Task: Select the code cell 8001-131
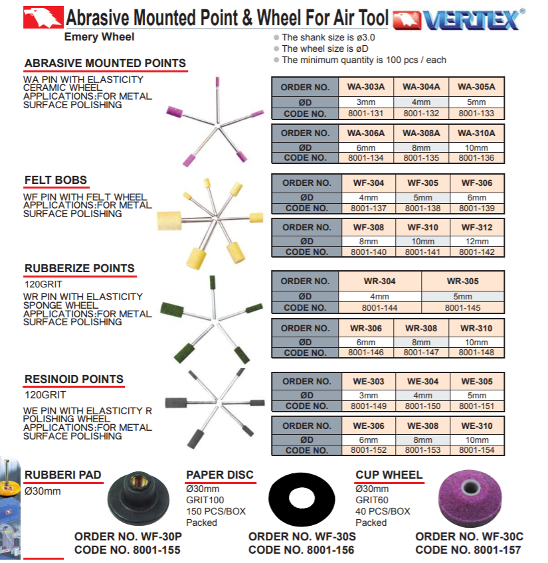pos(366,114)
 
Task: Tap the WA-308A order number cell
pos(421,133)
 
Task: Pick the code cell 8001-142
pos(476,252)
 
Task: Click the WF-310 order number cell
pos(421,227)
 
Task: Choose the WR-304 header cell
pos(380,281)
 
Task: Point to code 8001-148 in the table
pos(476,353)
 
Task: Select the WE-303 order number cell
pos(367,381)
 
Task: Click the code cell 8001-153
pos(421,451)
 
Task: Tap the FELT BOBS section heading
pos(56,180)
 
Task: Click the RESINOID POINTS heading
pos(74,379)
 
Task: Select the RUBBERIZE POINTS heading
pos(79,269)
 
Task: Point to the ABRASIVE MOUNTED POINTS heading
pos(105,64)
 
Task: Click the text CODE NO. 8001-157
pos(468,550)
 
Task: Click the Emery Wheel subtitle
pos(99,37)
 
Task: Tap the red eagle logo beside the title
pos(43,18)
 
